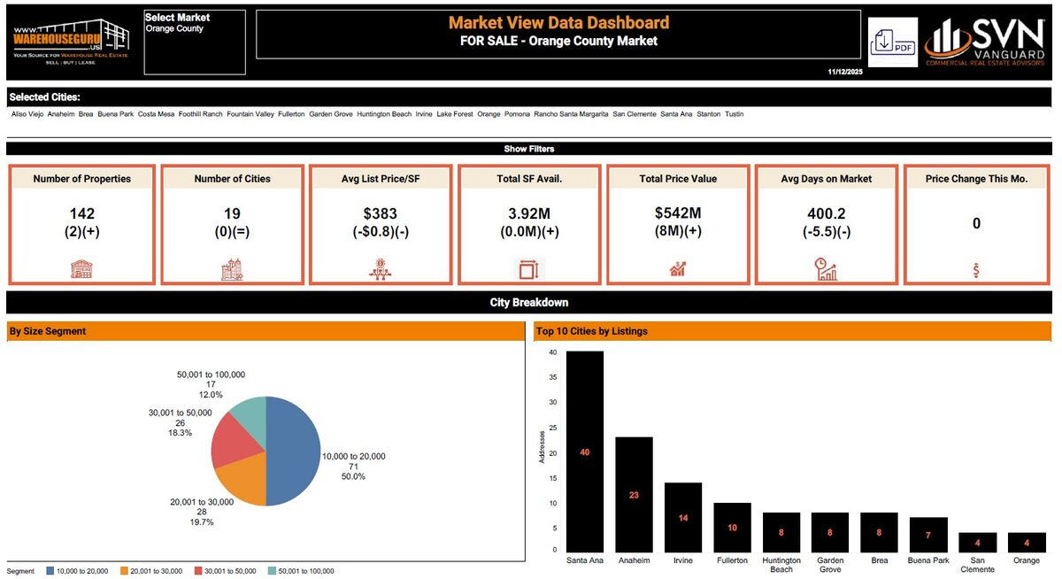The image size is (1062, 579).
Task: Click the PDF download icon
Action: click(x=892, y=42)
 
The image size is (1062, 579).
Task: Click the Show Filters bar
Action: click(x=529, y=149)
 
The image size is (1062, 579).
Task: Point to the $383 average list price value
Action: click(x=381, y=213)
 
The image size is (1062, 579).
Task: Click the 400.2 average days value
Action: click(x=827, y=213)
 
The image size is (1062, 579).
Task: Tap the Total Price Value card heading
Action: click(x=678, y=179)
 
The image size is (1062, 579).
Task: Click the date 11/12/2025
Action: click(x=844, y=72)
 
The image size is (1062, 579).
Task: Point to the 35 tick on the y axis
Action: click(x=552, y=376)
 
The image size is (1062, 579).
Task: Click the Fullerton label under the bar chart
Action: click(x=732, y=560)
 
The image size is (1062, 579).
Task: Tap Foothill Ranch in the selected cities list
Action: click(x=200, y=114)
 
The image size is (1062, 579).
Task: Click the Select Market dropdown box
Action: click(x=195, y=42)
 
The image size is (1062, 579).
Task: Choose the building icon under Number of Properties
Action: click(x=82, y=270)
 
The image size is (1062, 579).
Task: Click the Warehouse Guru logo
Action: click(x=71, y=42)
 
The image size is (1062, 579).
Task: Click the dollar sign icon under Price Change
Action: click(x=976, y=270)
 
